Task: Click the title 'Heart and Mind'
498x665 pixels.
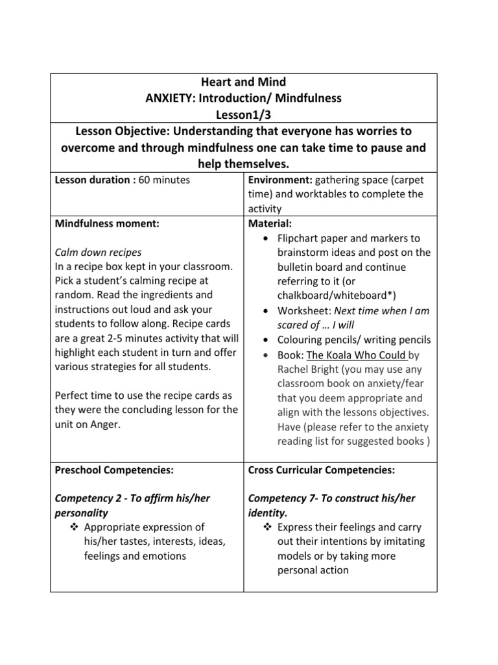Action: pos(244,82)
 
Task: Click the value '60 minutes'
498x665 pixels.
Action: pos(165,180)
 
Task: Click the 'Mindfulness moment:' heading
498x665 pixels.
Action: pos(107,223)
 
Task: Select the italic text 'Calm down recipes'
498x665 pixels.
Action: pos(98,252)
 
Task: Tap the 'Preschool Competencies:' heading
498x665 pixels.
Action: pos(115,470)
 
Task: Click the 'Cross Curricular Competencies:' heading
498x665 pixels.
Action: pos(322,470)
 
